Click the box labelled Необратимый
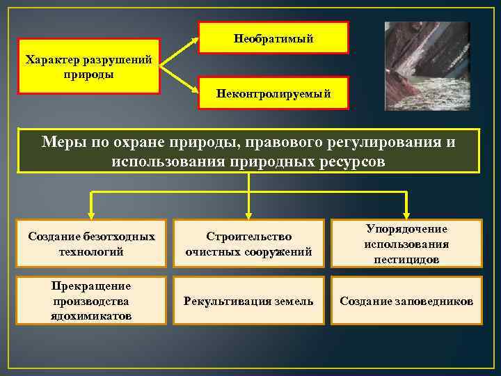pos(273,38)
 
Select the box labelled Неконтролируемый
pos(273,92)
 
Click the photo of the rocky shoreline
pos(427,65)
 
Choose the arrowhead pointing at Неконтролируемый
pos(195,92)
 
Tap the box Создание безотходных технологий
pos(91,243)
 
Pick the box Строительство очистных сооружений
pos(248,243)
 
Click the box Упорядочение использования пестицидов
pos(406,243)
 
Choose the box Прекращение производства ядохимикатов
pos(91,301)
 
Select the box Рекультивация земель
pos(248,301)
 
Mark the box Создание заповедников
pos(406,301)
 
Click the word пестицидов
pos(406,259)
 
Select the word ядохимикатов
pos(91,316)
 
